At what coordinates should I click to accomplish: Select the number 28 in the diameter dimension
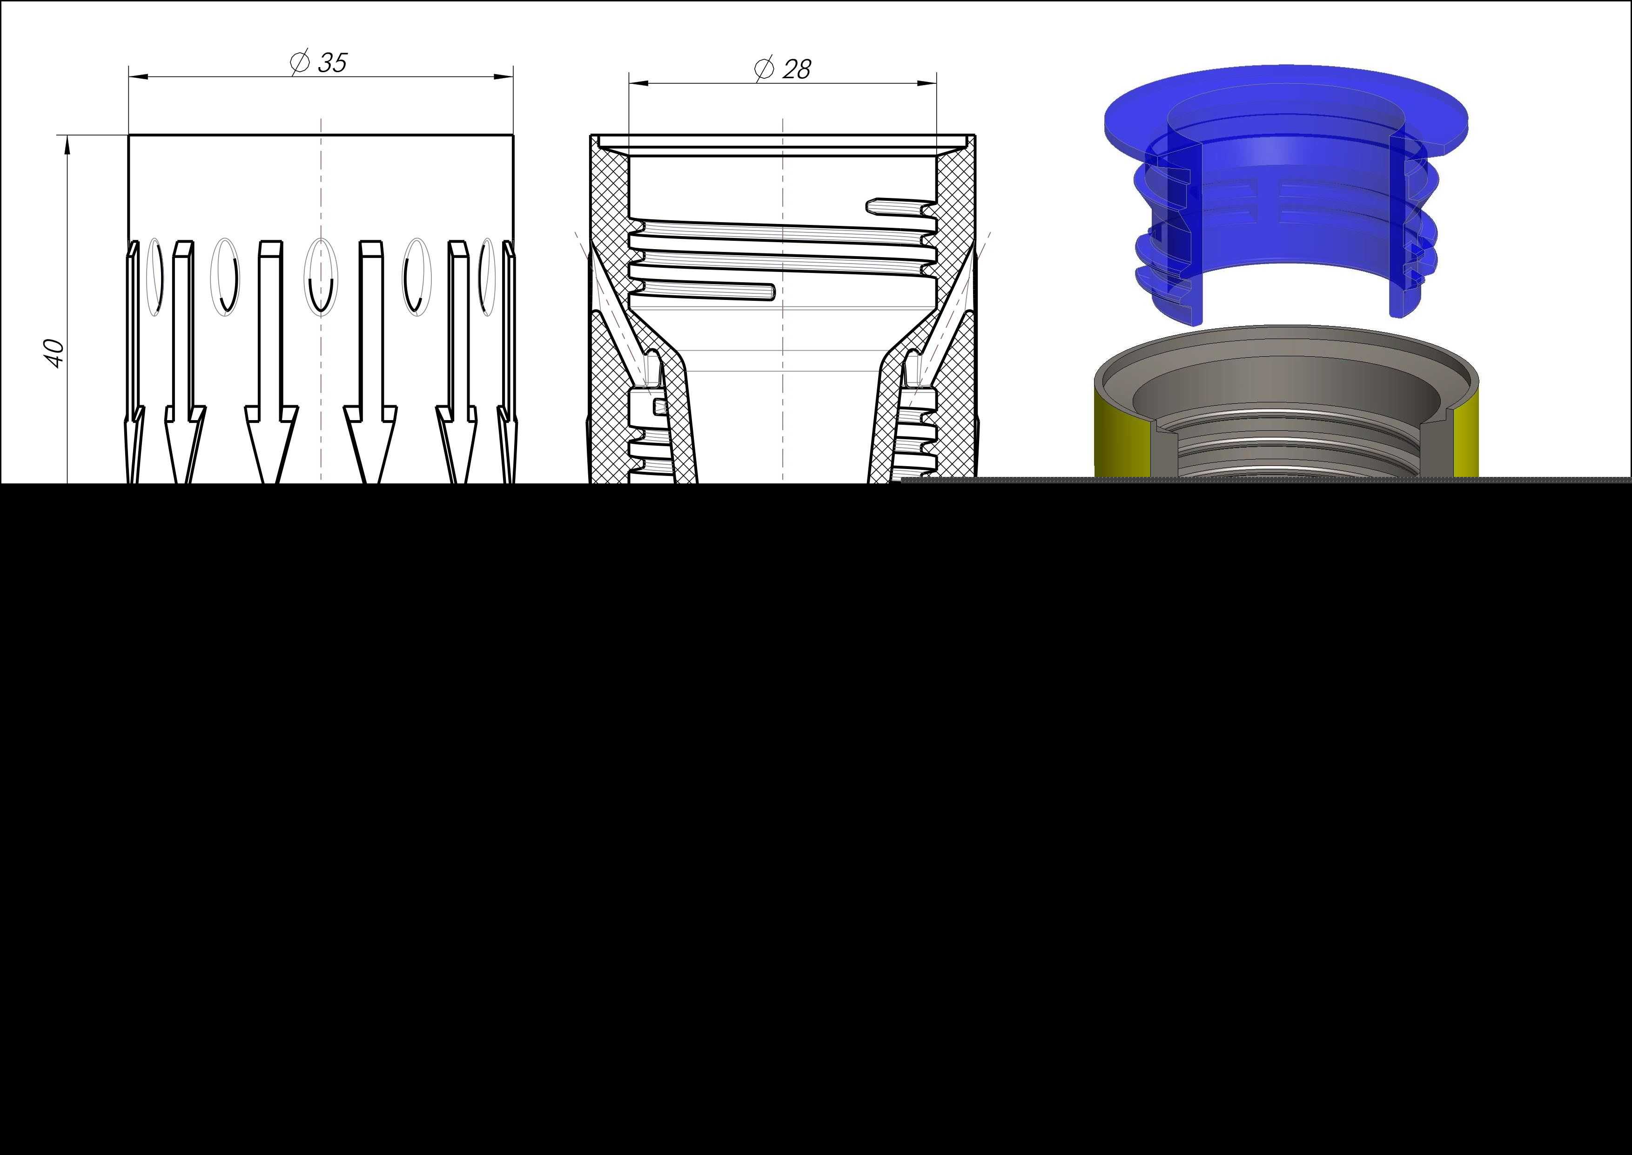(x=796, y=69)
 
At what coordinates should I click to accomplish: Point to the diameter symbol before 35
(x=300, y=62)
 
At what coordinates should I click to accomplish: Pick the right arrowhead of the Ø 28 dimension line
(x=927, y=83)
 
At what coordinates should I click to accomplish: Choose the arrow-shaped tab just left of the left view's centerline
(x=271, y=363)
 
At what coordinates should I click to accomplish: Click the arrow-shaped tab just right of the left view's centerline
(x=370, y=363)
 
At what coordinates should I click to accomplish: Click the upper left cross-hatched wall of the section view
(x=612, y=228)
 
